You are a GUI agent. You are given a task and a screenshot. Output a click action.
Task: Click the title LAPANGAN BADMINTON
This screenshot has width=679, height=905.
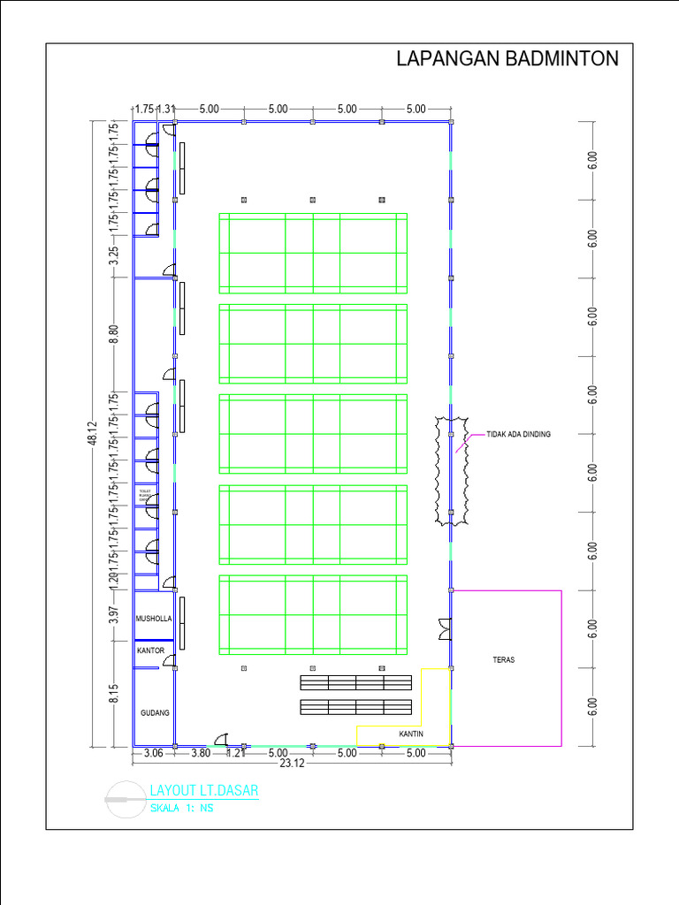tap(507, 60)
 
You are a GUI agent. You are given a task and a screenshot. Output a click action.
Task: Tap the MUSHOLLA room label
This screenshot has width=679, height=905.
tap(153, 620)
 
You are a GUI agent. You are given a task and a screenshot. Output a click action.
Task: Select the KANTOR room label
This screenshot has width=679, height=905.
tap(150, 650)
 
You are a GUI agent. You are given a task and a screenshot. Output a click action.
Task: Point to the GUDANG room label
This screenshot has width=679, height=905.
tap(154, 712)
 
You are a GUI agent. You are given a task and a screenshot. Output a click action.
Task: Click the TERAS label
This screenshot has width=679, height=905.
tap(504, 659)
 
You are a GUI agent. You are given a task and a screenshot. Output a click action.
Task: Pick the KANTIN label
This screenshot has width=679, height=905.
tap(410, 734)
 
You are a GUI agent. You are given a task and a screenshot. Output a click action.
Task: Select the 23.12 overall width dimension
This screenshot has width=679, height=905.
tap(293, 764)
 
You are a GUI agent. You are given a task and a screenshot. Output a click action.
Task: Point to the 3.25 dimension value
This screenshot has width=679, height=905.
tap(114, 257)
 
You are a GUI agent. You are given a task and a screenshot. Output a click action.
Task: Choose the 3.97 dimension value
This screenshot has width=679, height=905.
tap(114, 615)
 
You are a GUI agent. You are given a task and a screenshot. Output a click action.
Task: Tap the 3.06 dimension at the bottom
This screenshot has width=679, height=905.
tap(153, 753)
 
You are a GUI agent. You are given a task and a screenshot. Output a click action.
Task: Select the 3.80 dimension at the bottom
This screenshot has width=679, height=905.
tap(201, 753)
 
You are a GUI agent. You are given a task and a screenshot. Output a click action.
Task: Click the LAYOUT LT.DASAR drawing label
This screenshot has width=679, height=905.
tap(204, 791)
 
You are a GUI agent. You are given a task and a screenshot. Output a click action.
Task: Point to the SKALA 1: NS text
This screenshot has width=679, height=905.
tap(181, 808)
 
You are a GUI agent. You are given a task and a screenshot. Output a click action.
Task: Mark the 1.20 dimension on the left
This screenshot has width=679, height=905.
tap(114, 581)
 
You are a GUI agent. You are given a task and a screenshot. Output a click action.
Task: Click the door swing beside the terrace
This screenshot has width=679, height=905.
tap(444, 629)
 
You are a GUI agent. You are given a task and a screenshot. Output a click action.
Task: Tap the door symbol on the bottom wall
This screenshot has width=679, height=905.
tap(222, 739)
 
